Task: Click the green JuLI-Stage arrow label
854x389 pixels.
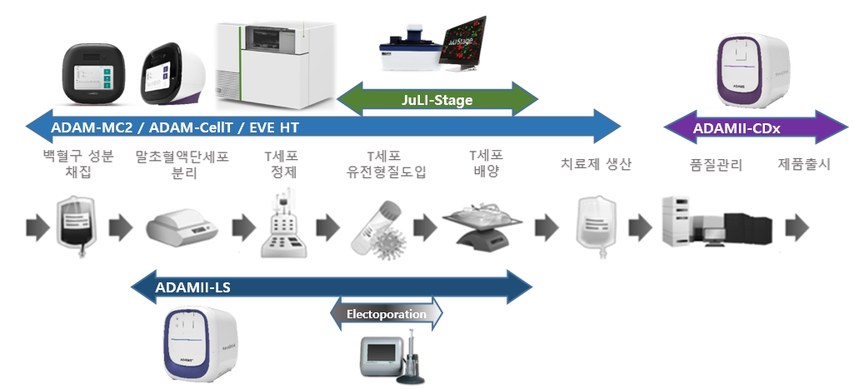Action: (437, 100)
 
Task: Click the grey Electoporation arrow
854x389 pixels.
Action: (387, 314)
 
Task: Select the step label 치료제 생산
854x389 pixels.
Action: (597, 165)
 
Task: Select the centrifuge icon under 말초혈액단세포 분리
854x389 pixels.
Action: (182, 225)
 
